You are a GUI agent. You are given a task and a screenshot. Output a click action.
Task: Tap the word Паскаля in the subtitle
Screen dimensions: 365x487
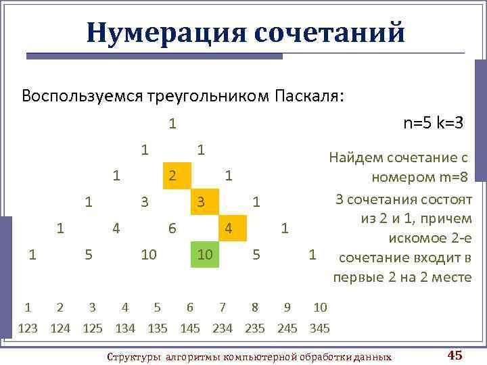[308, 95]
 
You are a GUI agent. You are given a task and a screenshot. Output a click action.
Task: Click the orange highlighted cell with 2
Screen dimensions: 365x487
[172, 176]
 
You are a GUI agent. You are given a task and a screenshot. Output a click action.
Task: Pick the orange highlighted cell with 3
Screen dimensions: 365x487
[201, 201]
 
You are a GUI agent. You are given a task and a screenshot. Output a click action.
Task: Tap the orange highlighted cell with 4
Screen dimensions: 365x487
[229, 228]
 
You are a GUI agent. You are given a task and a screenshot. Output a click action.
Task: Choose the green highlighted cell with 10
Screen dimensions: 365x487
[202, 254]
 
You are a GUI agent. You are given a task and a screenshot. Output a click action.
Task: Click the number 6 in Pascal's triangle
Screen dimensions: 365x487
[172, 228]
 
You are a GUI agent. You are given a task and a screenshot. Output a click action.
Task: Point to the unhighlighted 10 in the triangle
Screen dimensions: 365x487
[145, 255]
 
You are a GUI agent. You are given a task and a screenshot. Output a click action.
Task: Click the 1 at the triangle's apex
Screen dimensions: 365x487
[172, 124]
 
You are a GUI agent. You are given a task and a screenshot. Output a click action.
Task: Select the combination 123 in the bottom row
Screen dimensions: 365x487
[28, 328]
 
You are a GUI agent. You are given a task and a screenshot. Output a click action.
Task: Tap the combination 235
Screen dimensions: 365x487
[254, 328]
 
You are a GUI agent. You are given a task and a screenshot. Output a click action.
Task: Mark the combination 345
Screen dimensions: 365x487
[319, 328]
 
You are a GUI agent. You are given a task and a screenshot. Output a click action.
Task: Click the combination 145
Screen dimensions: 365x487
[190, 328]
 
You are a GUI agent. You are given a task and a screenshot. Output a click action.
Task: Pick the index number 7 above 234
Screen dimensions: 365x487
[223, 308]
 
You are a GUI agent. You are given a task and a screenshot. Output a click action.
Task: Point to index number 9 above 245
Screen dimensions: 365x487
[287, 308]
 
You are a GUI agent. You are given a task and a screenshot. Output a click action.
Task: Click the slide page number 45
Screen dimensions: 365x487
[455, 356]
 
